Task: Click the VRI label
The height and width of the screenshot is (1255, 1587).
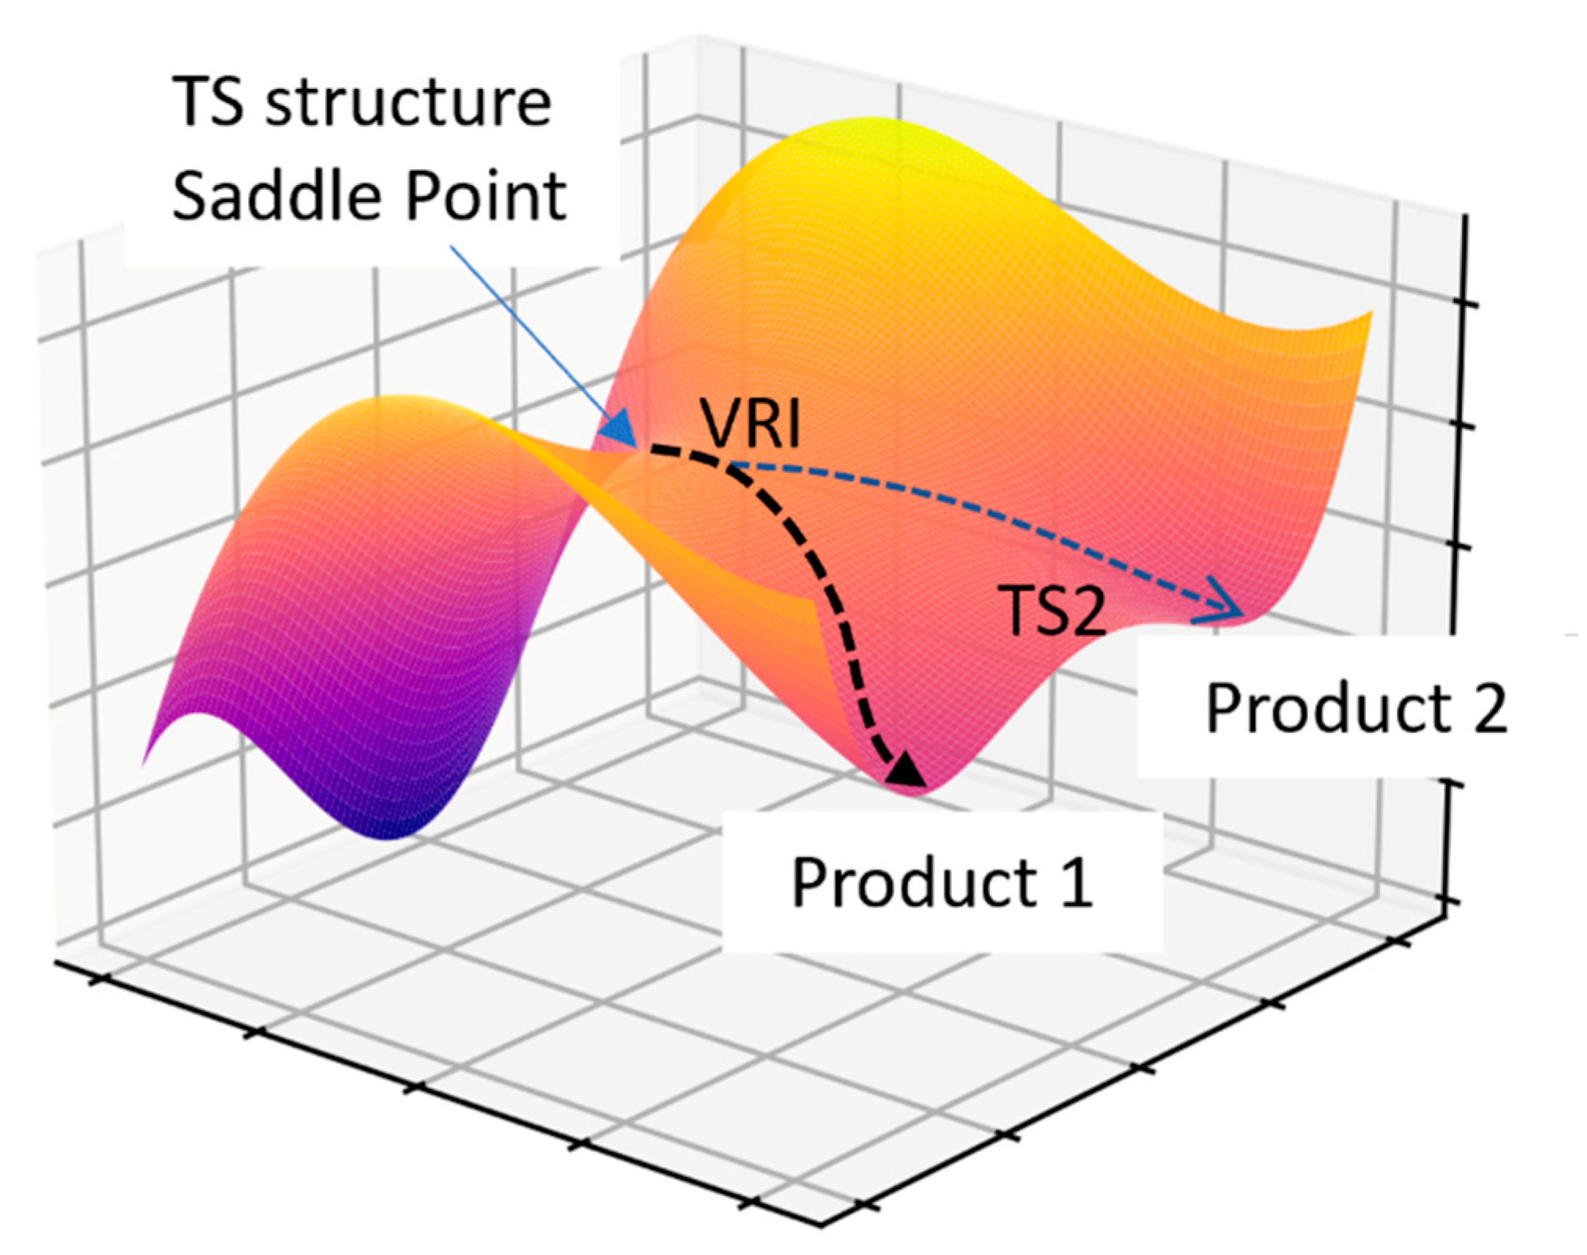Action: point(751,424)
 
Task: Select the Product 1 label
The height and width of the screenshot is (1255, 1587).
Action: point(942,882)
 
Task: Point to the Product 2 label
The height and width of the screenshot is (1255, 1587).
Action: point(1356,708)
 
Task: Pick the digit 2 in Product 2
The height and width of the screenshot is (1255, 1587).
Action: point(1489,708)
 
